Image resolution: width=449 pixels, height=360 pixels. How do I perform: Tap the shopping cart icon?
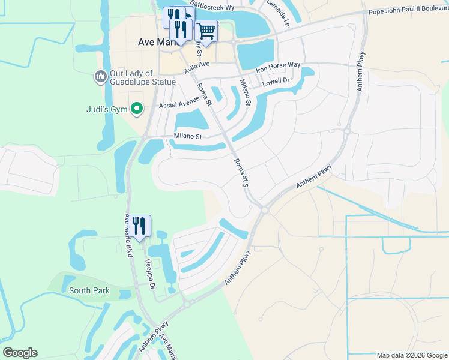click(x=206, y=30)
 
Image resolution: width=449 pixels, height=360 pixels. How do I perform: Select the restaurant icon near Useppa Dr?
click(x=139, y=226)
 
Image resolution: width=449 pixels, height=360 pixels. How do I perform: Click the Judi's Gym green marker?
click(x=137, y=109)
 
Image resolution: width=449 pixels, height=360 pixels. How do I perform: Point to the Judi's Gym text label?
click(x=107, y=109)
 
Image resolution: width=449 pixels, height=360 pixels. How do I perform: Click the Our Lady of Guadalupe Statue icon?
click(x=100, y=76)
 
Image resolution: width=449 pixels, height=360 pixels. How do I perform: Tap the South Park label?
click(x=89, y=290)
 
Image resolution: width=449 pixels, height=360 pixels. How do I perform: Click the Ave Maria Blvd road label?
click(x=128, y=236)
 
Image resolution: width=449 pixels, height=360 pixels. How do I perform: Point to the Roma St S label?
click(x=240, y=173)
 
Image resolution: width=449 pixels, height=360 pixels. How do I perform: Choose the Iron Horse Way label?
click(x=278, y=65)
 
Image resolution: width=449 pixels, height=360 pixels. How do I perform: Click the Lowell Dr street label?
click(x=276, y=81)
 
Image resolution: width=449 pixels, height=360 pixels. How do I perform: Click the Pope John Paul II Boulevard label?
click(x=408, y=11)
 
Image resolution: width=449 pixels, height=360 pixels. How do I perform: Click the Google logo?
click(x=19, y=353)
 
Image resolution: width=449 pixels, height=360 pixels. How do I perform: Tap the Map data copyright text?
click(x=412, y=355)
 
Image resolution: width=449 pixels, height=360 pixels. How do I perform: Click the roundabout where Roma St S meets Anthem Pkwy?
click(x=264, y=209)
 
